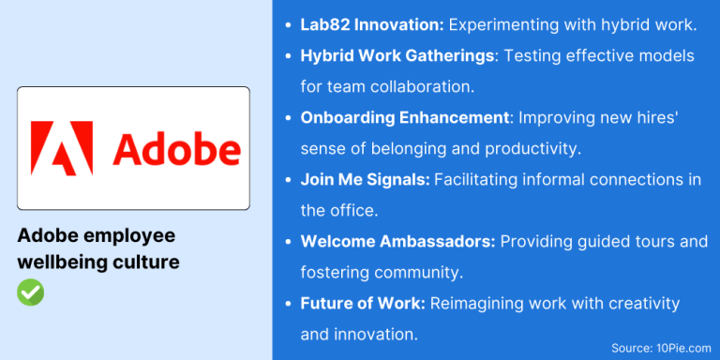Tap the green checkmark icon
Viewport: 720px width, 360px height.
30,292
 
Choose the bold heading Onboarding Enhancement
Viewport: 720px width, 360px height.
404,118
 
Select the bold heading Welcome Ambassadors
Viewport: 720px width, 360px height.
397,242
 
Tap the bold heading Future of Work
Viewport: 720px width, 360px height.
361,304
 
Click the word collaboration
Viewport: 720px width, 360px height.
421,87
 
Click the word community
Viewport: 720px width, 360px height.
412,273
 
